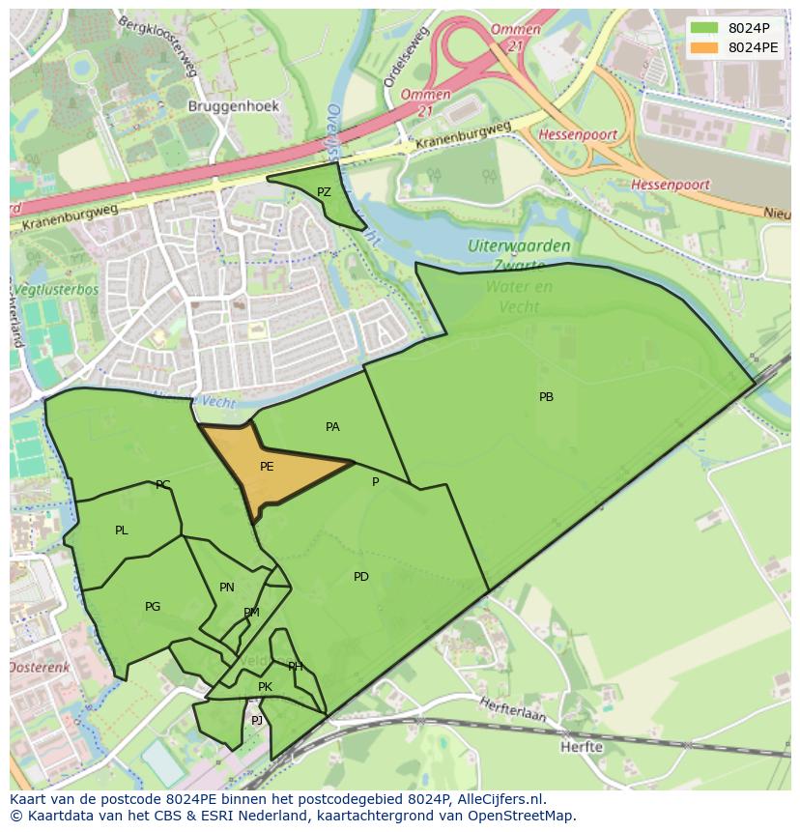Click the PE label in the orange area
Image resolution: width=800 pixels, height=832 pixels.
pos(267,466)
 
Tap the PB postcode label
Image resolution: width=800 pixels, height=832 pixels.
pos(546,396)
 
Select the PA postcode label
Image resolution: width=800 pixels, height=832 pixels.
pos(332,426)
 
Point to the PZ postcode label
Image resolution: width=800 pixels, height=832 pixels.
pos(324,192)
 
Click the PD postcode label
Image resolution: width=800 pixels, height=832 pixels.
pos(360,577)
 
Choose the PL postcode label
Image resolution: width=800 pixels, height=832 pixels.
pos(121,530)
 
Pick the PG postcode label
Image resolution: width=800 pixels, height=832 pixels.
pos(153,607)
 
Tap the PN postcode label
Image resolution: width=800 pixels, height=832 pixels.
pos(227,587)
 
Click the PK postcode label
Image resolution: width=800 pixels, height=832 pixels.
pos(265,687)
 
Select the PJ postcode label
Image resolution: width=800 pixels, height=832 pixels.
pos(257,720)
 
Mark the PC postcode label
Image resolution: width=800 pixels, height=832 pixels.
pos(162,485)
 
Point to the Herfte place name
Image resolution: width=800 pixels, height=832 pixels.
pos(582,747)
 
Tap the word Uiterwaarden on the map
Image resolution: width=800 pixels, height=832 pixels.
pos(519,246)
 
